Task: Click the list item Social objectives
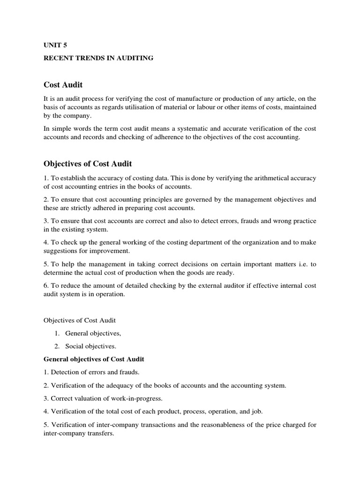click(90, 346)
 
